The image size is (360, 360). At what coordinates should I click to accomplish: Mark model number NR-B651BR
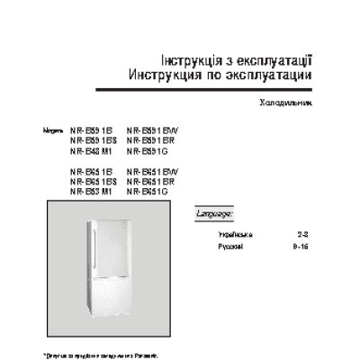point(153,182)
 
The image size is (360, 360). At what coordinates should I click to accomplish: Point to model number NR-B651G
point(148,192)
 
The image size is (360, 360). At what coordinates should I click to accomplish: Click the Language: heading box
point(215,215)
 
